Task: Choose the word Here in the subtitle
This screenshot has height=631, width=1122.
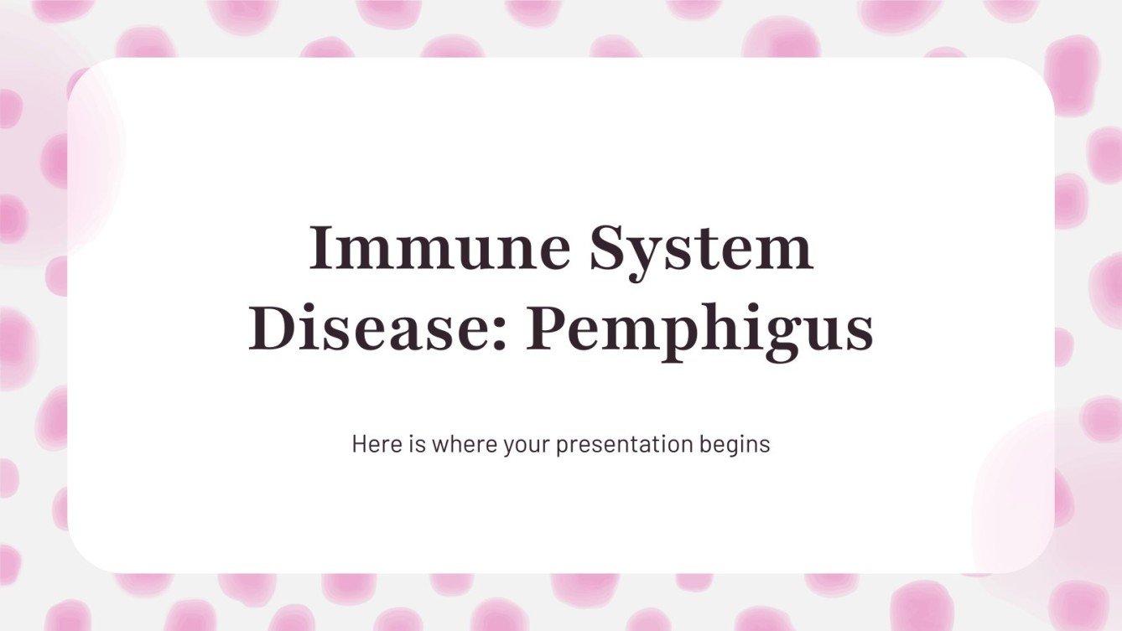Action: pos(371,444)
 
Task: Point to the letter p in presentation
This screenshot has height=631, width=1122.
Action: pos(562,447)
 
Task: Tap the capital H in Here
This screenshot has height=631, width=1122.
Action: pos(359,444)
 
